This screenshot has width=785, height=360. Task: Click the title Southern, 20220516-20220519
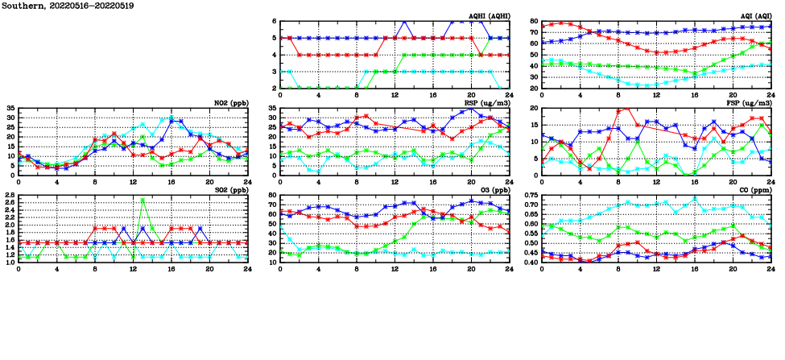68,6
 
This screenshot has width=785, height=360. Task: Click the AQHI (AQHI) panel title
489,16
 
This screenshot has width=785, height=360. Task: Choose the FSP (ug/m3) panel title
750,103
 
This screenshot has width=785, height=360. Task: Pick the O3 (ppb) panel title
494,190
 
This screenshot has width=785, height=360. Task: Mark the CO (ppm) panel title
755,190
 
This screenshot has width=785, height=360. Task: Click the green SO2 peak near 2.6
143,201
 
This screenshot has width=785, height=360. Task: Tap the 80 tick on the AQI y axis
534,22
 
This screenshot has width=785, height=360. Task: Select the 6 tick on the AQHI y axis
275,22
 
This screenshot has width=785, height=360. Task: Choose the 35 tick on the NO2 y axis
10,108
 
